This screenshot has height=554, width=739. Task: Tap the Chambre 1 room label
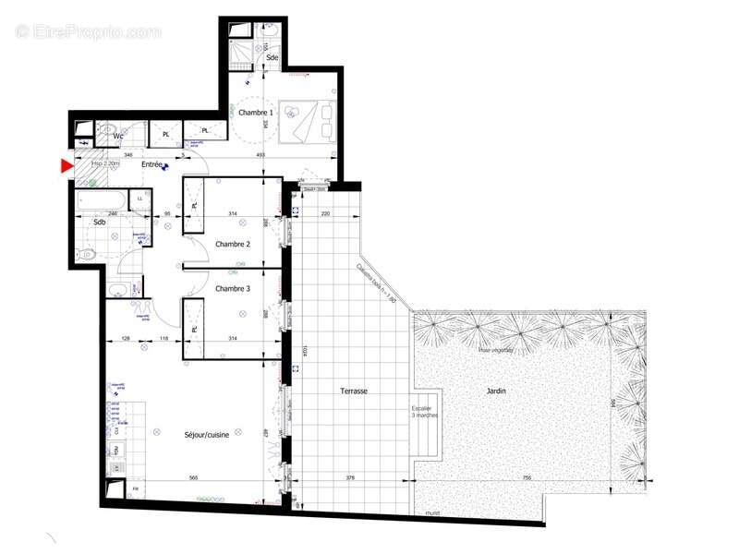coord(256,113)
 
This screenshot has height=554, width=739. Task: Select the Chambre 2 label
coord(233,244)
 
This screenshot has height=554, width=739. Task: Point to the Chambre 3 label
coord(233,289)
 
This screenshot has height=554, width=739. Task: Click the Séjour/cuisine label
coord(212,433)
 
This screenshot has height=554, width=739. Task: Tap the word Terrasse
coord(353,391)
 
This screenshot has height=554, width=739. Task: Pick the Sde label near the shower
coord(273,57)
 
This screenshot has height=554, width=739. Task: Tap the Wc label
coord(118,136)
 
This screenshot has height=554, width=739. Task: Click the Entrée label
coord(151,164)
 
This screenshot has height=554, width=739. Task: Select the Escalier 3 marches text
coord(425,412)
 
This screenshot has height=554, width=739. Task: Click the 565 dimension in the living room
coord(195,478)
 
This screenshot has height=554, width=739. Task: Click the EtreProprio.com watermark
coord(89,31)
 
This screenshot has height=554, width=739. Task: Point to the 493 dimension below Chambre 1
coord(260,155)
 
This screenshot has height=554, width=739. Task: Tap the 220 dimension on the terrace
coord(325,213)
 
